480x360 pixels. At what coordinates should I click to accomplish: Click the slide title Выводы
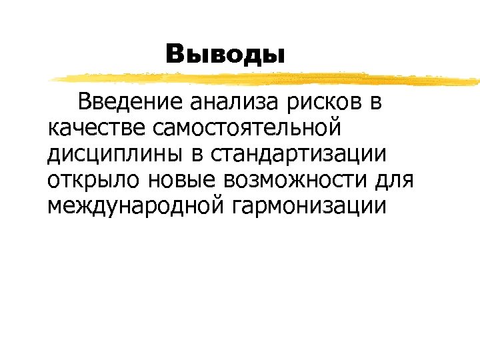225,53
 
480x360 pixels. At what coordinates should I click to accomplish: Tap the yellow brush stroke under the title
267,79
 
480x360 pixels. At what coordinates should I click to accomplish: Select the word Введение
130,103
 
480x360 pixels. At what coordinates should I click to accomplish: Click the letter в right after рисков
375,104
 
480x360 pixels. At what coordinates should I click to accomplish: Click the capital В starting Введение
85,103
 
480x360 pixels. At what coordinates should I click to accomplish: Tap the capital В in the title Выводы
176,53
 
